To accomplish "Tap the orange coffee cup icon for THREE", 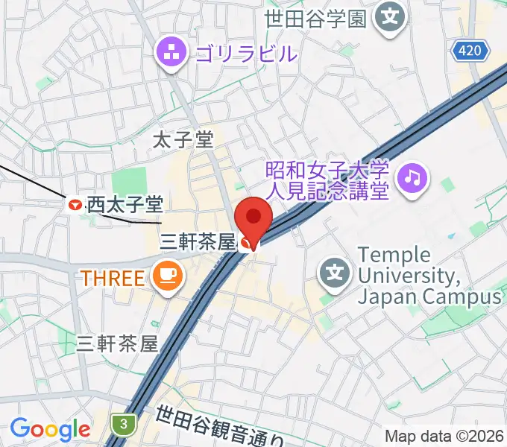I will coord(166,277).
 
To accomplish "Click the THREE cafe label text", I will coord(112,278).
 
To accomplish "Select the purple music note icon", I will coord(412,177).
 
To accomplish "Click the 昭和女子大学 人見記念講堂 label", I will coord(328,181).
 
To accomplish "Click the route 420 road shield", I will coord(471,51).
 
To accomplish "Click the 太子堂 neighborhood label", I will coord(183,139).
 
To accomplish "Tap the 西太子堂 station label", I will coord(125,203).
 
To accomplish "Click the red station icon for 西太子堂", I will coord(75,203).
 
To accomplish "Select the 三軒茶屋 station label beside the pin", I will coord(198,241).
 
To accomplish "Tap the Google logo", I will coord(50,429).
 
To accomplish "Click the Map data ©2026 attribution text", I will coord(444,437).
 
